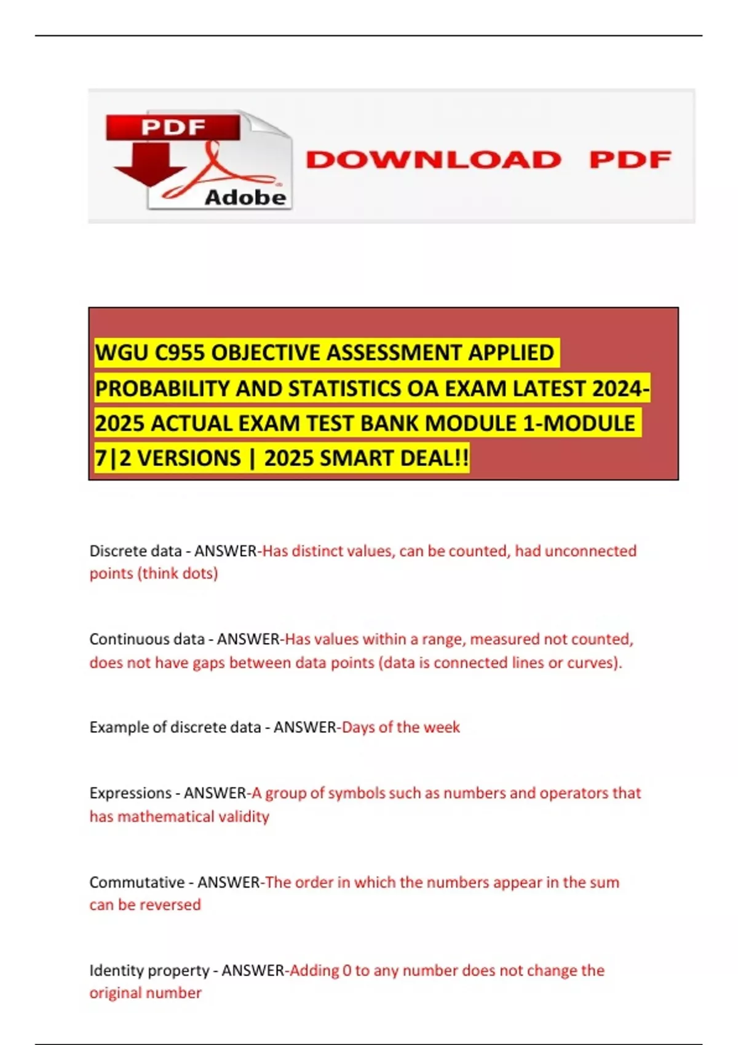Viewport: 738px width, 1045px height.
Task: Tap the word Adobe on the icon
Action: tap(245, 197)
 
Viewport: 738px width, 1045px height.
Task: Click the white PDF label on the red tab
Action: tap(173, 127)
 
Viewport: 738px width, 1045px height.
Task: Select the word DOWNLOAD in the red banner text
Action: tap(434, 160)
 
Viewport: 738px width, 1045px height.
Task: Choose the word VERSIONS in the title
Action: tap(180, 459)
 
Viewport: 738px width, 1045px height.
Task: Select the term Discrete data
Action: tap(135, 551)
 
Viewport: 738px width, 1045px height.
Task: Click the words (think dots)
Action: tap(178, 574)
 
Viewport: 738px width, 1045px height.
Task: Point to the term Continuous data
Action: tap(146, 639)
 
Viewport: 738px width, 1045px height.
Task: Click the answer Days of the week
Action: tap(400, 727)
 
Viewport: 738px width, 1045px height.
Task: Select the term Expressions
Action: tap(130, 793)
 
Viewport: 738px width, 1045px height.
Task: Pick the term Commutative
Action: tap(137, 882)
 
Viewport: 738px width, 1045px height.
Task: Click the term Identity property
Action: tap(149, 971)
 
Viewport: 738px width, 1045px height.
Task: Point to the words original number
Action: tap(145, 993)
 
